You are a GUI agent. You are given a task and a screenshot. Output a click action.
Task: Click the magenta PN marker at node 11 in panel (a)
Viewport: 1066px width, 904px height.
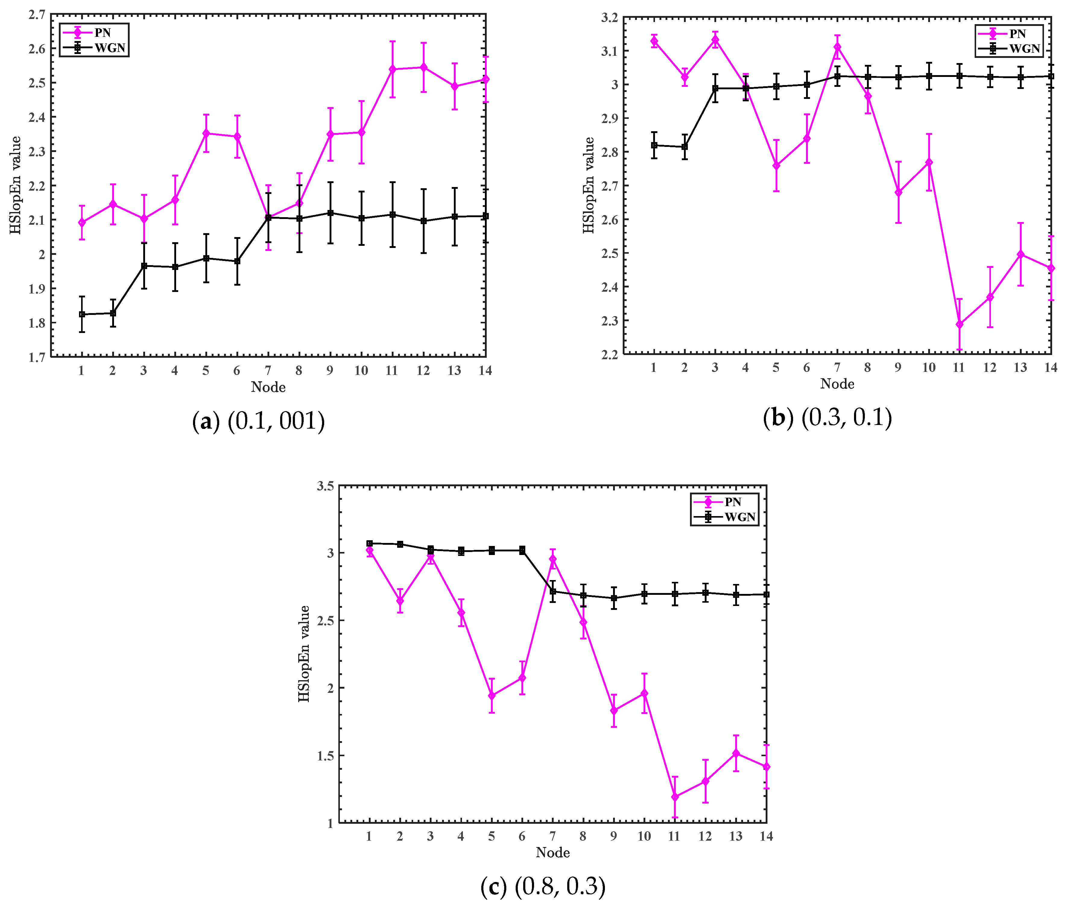[x=392, y=69]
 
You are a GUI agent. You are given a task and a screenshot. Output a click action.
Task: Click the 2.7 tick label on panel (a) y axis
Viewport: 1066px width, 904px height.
[x=37, y=15]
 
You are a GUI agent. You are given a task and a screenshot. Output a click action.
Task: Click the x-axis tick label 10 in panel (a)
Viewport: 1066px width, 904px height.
[x=361, y=370]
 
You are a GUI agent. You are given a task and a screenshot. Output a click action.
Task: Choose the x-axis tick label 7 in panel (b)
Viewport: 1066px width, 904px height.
[x=837, y=367]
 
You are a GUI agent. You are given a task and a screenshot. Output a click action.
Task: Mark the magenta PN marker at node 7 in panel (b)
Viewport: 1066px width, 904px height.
[x=837, y=47]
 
